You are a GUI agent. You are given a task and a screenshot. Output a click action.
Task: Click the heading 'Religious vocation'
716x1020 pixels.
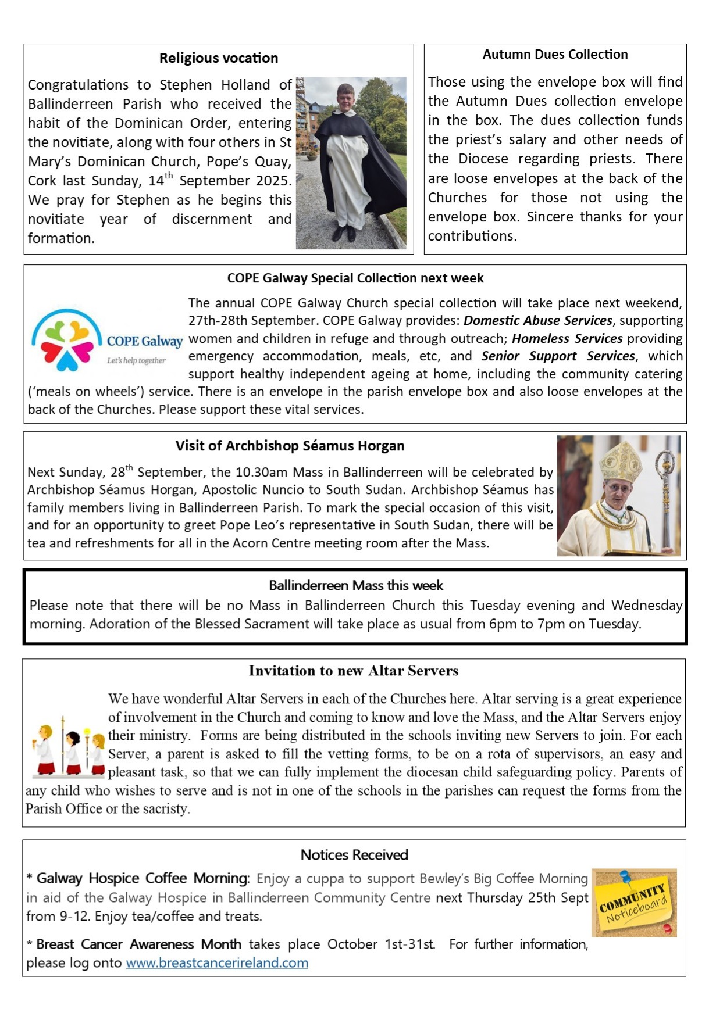219,58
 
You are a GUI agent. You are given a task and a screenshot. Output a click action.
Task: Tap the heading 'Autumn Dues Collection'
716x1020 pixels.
555,55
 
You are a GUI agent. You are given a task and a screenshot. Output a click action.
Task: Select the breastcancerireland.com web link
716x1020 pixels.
217,962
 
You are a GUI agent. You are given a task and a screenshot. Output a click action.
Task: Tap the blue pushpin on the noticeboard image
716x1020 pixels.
625,876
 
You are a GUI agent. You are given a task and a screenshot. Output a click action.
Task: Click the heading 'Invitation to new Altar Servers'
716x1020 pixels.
353,671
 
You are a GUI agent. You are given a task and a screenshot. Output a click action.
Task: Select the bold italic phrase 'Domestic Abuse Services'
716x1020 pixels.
537,320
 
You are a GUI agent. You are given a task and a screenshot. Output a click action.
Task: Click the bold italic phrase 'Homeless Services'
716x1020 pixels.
567,338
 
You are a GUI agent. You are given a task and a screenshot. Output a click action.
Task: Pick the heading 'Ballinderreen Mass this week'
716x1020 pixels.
355,585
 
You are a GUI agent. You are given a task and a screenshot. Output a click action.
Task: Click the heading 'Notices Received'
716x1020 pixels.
354,855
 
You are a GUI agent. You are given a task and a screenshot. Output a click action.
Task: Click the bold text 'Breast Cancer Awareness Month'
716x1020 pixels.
138,944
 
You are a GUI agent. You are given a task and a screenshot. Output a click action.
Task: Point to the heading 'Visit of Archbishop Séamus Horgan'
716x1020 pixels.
290,446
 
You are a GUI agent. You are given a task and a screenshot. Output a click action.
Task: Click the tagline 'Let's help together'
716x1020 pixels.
136,361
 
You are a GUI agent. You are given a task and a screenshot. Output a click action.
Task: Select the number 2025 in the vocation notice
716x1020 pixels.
273,181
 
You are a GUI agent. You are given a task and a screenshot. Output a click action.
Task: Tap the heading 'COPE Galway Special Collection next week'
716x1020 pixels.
355,278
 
